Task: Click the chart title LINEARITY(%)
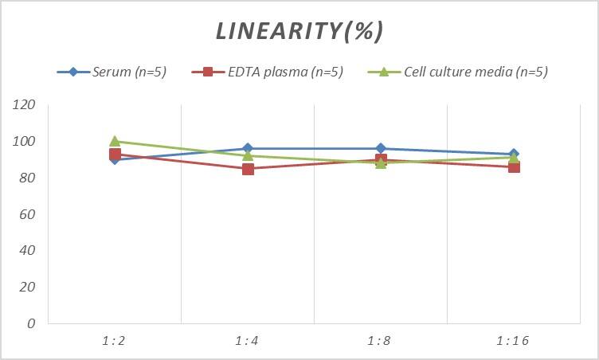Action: [x=299, y=31]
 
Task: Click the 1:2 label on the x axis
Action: [x=115, y=341]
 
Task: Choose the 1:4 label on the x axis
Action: [x=248, y=341]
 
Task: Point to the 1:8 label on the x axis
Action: [x=381, y=341]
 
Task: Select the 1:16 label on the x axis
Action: [x=513, y=341]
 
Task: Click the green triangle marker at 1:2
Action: [x=115, y=142]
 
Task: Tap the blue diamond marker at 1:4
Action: [x=248, y=149]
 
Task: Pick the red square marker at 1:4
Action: [x=248, y=169]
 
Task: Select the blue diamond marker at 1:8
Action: [x=381, y=149]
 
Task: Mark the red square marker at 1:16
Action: [x=514, y=167]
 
